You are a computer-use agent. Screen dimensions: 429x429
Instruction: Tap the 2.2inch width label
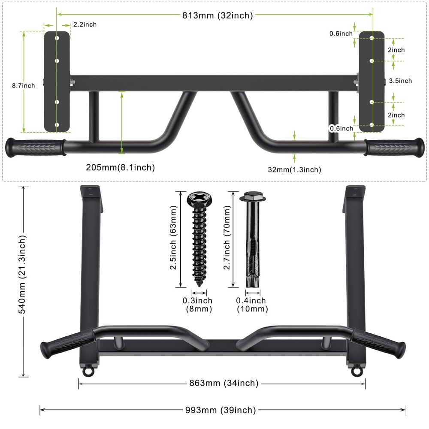pos(85,24)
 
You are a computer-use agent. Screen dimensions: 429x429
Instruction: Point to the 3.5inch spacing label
pos(400,81)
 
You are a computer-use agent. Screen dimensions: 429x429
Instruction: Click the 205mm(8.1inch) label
pos(121,167)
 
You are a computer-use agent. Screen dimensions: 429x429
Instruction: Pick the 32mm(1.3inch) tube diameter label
pos(294,169)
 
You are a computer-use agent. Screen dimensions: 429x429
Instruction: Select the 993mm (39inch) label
pos(221,410)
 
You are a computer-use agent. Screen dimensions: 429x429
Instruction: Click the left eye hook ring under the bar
pos(88,371)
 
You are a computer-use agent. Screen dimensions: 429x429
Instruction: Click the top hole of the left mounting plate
pos(57,38)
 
